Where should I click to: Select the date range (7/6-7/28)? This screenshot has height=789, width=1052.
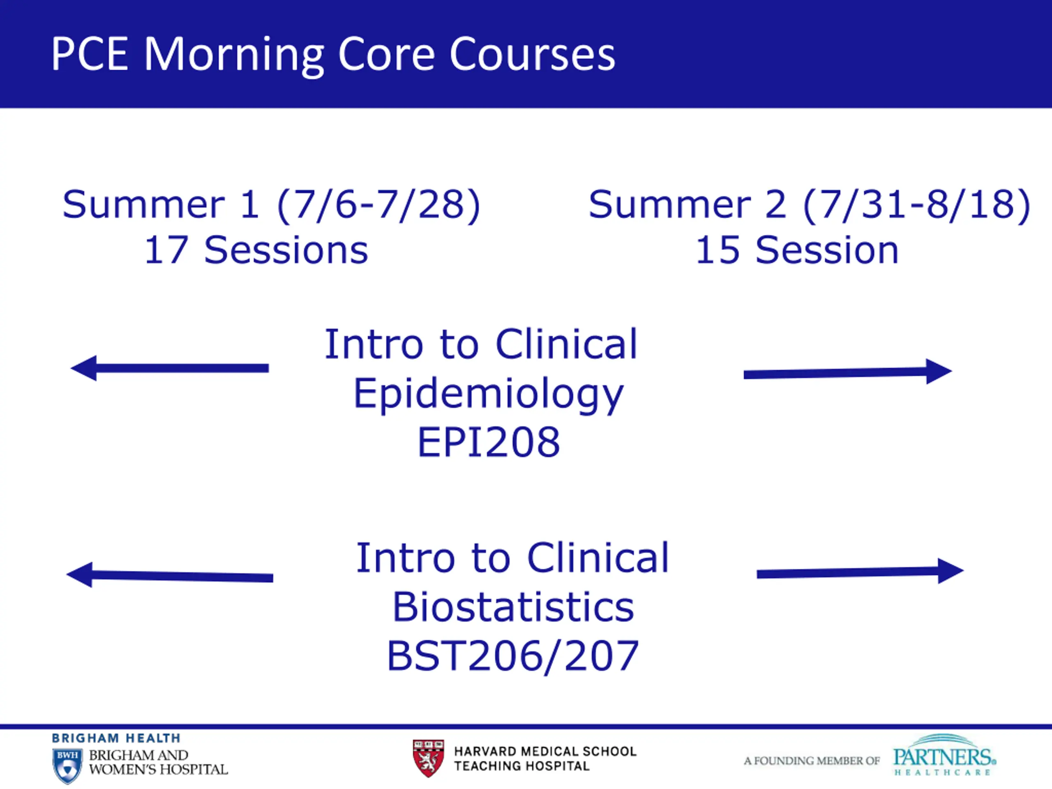pos(378,205)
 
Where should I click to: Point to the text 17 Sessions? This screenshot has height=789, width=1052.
pos(256,250)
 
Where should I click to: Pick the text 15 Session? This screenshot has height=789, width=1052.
pos(797,250)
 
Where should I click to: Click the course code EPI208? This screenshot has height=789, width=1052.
pos(489,442)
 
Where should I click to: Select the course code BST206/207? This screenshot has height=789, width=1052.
pos(513,656)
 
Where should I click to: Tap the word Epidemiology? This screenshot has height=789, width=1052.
pos(489,395)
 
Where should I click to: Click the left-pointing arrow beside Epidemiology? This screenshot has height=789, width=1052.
pos(170,368)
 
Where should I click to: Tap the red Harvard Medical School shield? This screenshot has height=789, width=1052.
pos(428,758)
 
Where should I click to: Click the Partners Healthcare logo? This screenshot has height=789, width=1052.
pos(944,755)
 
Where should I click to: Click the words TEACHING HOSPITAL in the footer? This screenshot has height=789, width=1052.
pos(522,766)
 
